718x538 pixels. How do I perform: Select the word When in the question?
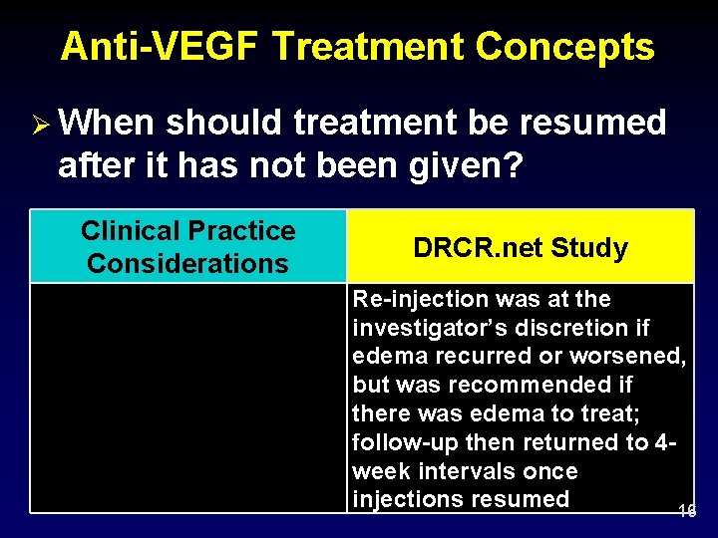tap(108, 124)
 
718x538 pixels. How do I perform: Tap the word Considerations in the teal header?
tap(187, 264)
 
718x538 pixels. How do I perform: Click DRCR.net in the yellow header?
tap(464, 248)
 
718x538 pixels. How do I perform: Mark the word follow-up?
tap(402, 442)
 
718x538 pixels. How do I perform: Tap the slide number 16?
tap(686, 511)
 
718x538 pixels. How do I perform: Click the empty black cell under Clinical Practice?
tap(188, 398)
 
